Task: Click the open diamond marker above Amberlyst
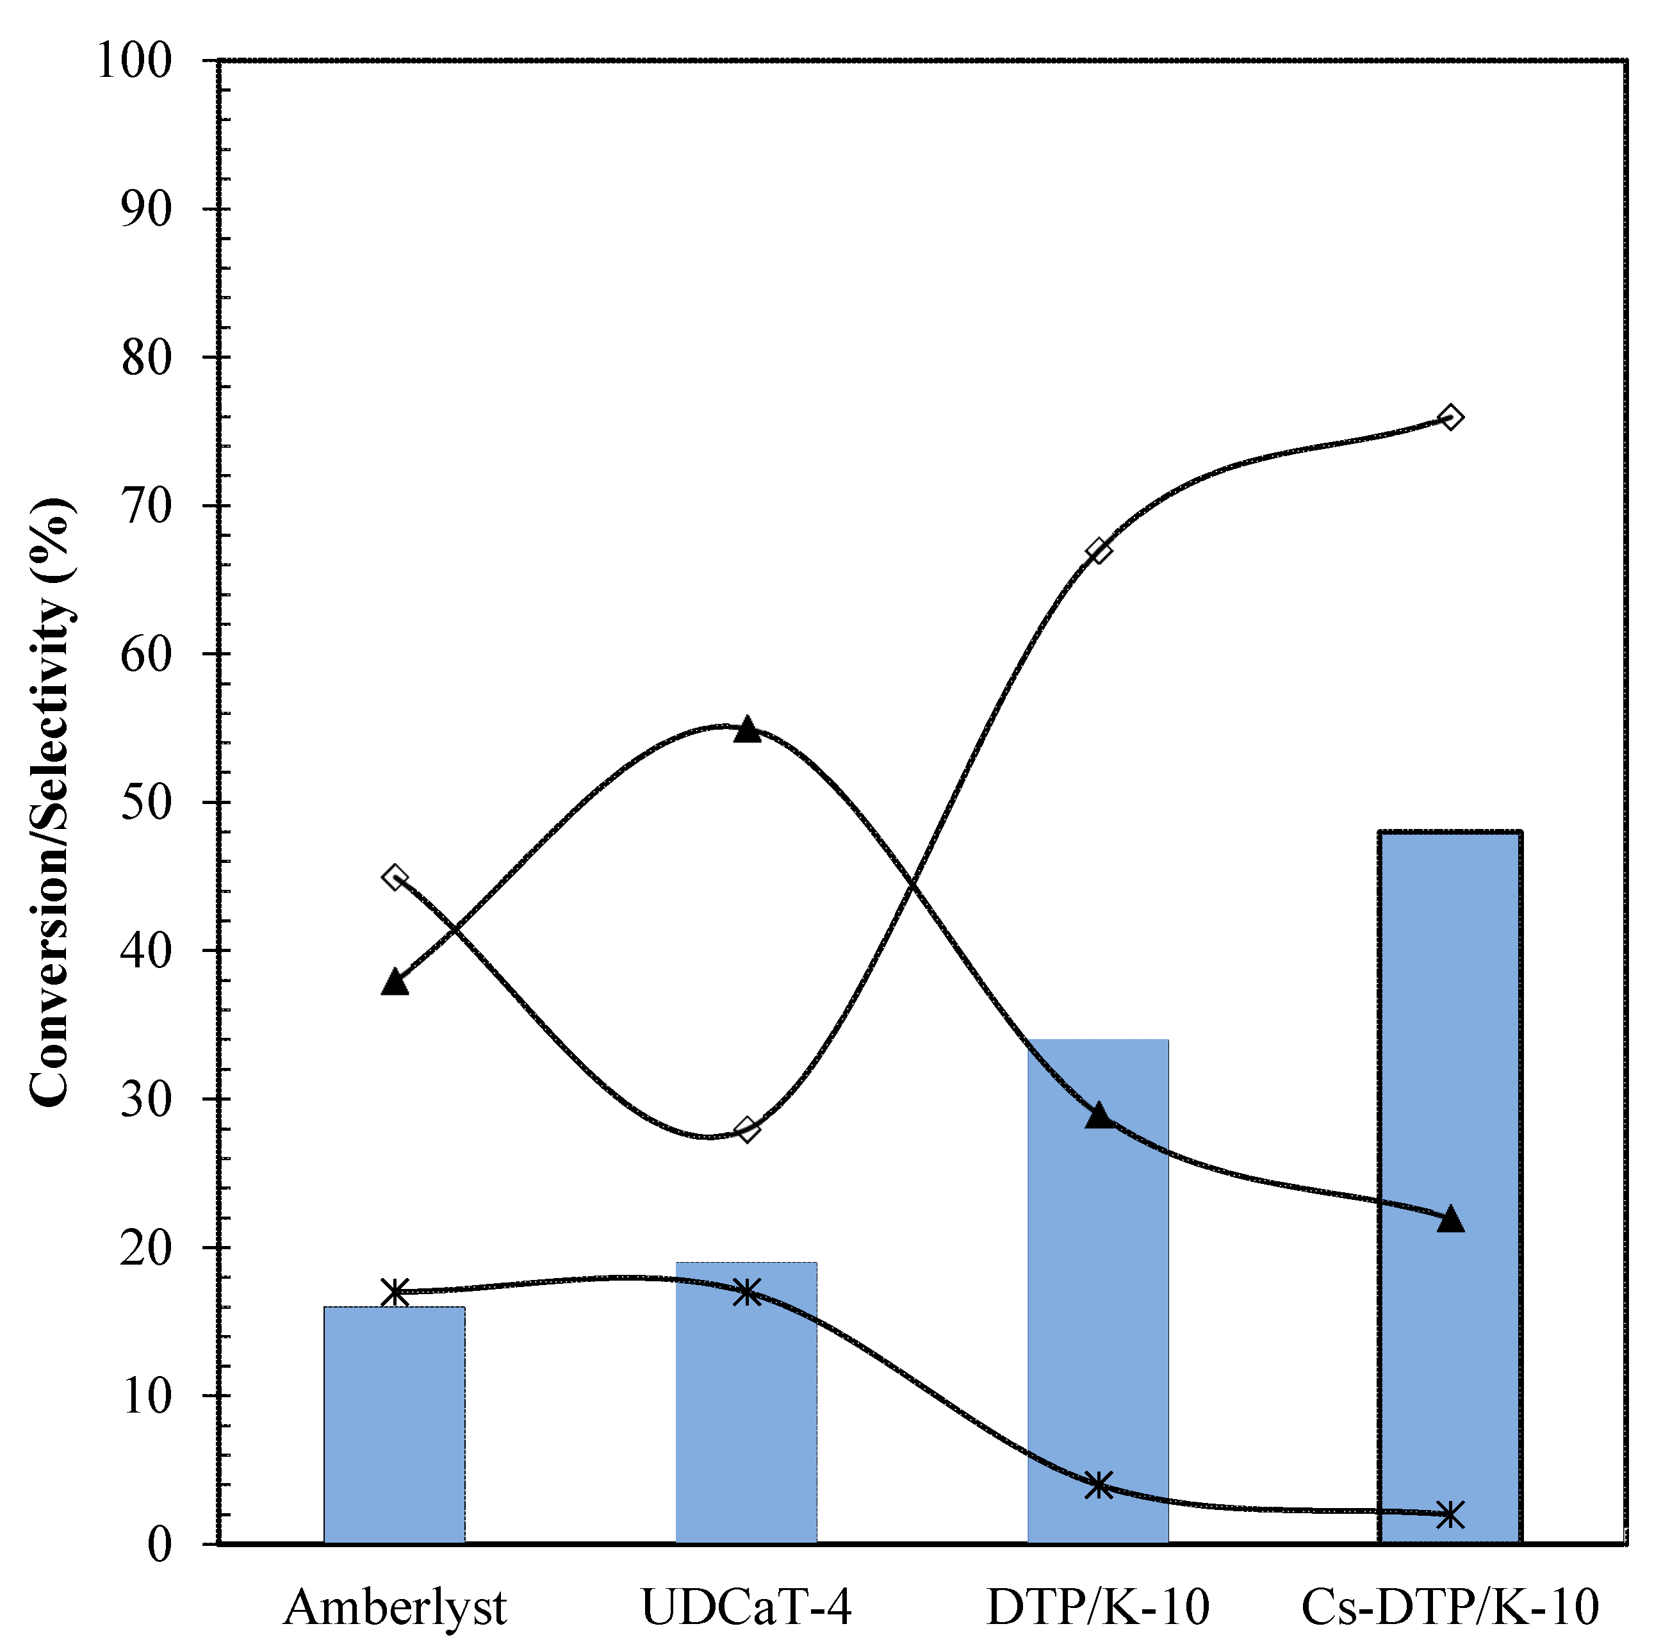click(x=395, y=877)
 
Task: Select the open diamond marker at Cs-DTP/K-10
click(x=1450, y=417)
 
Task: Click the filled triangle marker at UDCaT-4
click(x=746, y=730)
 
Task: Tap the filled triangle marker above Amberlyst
click(x=395, y=982)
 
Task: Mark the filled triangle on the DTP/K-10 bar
click(x=1099, y=1115)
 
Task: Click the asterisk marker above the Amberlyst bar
click(x=395, y=1292)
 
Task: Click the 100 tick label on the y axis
click(x=135, y=61)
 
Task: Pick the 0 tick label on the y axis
click(x=160, y=1544)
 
